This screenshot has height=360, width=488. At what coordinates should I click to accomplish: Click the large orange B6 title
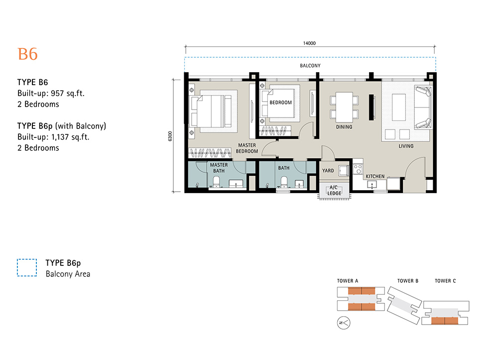(x=28, y=54)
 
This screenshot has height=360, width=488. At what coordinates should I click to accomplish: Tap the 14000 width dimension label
(x=309, y=43)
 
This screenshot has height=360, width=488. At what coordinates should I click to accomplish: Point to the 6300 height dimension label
(x=170, y=136)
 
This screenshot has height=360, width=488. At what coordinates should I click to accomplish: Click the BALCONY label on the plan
(x=310, y=66)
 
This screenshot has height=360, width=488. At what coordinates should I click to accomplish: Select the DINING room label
(x=344, y=127)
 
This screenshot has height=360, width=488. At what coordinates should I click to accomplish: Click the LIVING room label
(x=406, y=146)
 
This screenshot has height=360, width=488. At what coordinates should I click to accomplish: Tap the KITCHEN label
(x=375, y=176)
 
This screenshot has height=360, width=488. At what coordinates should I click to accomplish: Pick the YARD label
(x=328, y=170)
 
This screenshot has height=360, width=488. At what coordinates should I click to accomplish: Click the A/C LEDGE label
(x=334, y=190)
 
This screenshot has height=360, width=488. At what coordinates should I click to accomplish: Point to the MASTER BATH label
(x=219, y=168)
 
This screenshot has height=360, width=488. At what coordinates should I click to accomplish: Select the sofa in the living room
(x=423, y=108)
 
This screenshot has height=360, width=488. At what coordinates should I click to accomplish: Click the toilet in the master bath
(x=216, y=182)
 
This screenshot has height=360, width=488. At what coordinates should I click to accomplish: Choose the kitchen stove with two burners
(x=358, y=169)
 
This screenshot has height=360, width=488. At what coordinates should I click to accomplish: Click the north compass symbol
(x=344, y=323)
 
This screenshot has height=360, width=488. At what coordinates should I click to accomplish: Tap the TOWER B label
(x=408, y=281)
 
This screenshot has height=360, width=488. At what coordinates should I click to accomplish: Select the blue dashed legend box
(x=27, y=267)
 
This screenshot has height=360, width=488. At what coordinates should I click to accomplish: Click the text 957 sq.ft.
(x=68, y=93)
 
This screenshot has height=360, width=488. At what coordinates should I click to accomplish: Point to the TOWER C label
(x=445, y=281)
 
